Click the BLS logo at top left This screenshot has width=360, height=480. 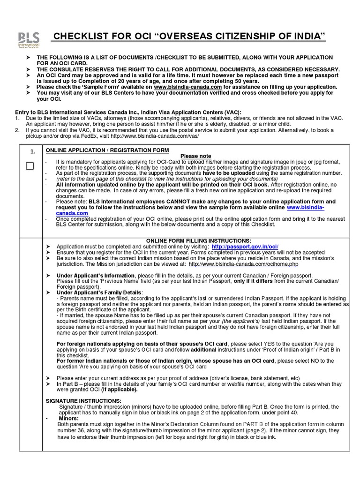[x=29, y=40]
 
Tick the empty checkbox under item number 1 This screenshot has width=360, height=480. [x=30, y=166]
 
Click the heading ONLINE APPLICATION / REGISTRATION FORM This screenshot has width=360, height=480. [x=107, y=150]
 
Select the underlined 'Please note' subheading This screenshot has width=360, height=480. [x=195, y=156]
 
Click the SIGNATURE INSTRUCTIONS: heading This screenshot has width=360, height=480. [x=83, y=401]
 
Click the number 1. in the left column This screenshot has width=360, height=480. [x=32, y=152]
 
